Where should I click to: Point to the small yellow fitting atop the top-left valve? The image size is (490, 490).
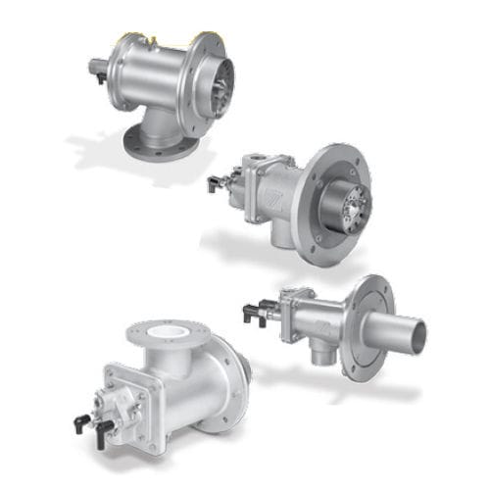click(152, 40)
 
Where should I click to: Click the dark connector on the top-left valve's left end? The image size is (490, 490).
click(98, 70)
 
